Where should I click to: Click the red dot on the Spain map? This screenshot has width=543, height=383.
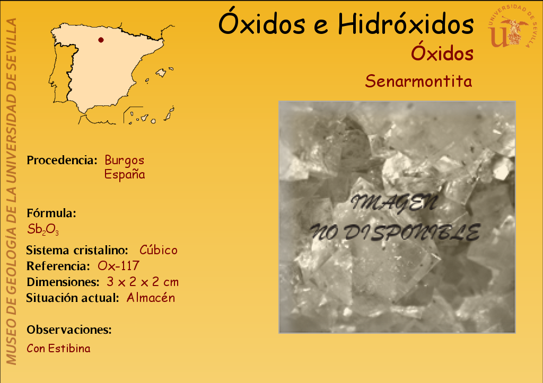pyautogui.click(x=101, y=40)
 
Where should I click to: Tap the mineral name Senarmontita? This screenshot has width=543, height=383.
pyautogui.click(x=418, y=81)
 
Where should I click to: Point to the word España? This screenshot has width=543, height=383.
pyautogui.click(x=125, y=174)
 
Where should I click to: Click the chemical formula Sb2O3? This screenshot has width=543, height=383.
pyautogui.click(x=43, y=229)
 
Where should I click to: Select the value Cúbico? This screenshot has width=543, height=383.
pyautogui.click(x=158, y=250)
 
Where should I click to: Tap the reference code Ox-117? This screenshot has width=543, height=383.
pyautogui.click(x=118, y=266)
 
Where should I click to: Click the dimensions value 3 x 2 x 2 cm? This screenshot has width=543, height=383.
pyautogui.click(x=143, y=282)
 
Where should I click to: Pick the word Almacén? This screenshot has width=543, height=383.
pyautogui.click(x=151, y=298)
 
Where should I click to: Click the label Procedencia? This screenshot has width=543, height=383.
pyautogui.click(x=62, y=160)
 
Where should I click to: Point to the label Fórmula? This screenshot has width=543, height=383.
pyautogui.click(x=51, y=213)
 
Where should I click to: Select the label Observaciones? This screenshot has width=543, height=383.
pyautogui.click(x=69, y=329)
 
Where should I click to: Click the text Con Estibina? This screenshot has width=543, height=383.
pyautogui.click(x=58, y=348)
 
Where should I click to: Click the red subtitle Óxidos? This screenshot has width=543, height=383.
pyautogui.click(x=442, y=54)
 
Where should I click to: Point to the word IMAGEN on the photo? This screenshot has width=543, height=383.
pyautogui.click(x=395, y=203)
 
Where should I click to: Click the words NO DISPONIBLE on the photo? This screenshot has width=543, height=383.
pyautogui.click(x=395, y=232)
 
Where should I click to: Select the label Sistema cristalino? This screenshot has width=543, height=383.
pyautogui.click(x=77, y=250)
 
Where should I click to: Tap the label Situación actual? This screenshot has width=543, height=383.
pyautogui.click(x=73, y=298)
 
